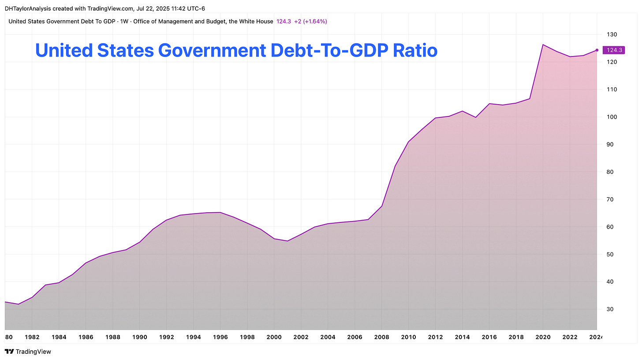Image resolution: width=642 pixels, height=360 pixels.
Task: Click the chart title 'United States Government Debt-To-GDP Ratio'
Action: pyautogui.click(x=236, y=51)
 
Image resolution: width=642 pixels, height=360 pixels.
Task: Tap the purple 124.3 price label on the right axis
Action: pyautogui.click(x=614, y=50)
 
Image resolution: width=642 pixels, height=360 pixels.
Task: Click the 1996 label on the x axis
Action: pyautogui.click(x=220, y=337)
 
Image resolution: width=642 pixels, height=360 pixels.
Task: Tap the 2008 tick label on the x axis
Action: pyautogui.click(x=382, y=337)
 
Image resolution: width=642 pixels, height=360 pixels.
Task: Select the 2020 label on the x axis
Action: pyautogui.click(x=543, y=337)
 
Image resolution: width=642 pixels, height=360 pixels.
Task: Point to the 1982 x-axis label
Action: pyautogui.click(x=32, y=337)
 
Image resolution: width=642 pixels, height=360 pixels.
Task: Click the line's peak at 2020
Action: pyautogui.click(x=543, y=45)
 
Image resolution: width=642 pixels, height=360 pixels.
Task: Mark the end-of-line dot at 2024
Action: pyautogui.click(x=597, y=50)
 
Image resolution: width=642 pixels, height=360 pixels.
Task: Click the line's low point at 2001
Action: pyautogui.click(x=287, y=241)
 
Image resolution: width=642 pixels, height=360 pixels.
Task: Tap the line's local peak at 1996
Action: pyautogui.click(x=220, y=212)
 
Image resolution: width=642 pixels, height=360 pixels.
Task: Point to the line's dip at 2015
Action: pyautogui.click(x=476, y=117)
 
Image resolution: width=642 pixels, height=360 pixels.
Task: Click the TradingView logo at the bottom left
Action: pyautogui.click(x=27, y=352)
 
